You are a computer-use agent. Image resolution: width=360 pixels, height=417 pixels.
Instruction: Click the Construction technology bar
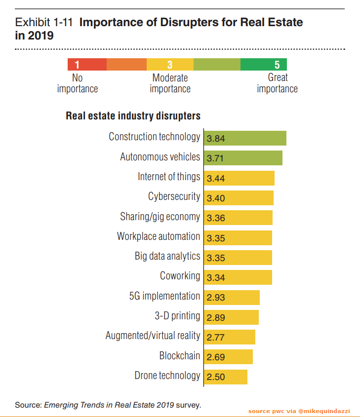(245, 138)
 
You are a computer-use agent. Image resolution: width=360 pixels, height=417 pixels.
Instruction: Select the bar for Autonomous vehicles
(243, 158)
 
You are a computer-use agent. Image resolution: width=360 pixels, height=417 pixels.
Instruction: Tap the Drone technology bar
(226, 377)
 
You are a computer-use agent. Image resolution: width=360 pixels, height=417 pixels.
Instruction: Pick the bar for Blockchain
(228, 357)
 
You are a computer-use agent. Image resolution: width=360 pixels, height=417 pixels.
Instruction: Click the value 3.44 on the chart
(216, 178)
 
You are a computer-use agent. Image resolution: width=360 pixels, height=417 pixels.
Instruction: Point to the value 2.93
(216, 298)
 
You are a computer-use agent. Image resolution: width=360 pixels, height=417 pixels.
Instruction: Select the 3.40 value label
(216, 198)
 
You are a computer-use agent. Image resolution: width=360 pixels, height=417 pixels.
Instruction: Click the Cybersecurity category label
(174, 196)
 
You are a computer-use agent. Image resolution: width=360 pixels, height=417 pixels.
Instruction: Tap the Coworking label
(180, 276)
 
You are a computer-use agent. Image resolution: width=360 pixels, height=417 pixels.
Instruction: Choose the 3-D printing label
(177, 316)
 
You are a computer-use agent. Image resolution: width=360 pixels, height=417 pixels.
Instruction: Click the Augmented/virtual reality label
(153, 336)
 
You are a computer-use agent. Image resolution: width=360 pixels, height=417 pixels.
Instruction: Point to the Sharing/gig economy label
(160, 217)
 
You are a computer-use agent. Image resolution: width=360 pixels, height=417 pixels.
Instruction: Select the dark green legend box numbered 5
(264, 65)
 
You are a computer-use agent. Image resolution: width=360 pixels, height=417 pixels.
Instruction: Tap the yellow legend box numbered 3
(170, 65)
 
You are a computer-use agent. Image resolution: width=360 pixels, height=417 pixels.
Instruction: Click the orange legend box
(126, 65)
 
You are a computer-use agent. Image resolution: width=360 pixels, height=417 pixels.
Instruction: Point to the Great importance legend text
(277, 83)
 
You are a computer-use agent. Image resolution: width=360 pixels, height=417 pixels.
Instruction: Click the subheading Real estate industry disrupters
(133, 116)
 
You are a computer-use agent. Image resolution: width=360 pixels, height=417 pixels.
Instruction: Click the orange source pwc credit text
(299, 411)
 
